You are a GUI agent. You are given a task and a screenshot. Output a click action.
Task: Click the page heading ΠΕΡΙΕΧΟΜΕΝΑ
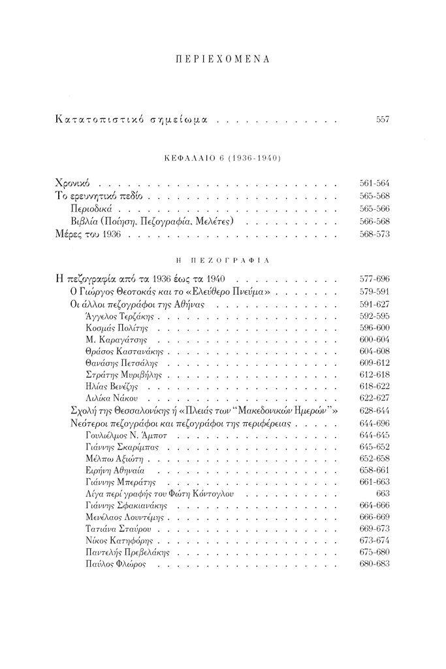(223, 59)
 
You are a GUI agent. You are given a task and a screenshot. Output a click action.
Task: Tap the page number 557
(383, 120)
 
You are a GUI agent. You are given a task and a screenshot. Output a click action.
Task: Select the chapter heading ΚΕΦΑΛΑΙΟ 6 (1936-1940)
(223, 159)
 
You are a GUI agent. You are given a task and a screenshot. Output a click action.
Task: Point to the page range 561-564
(374, 185)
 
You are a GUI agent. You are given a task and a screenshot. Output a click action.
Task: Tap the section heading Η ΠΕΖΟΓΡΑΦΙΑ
(223, 259)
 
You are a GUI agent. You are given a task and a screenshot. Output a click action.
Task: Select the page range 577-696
(374, 280)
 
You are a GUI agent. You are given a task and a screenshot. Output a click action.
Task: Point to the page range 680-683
(374, 564)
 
